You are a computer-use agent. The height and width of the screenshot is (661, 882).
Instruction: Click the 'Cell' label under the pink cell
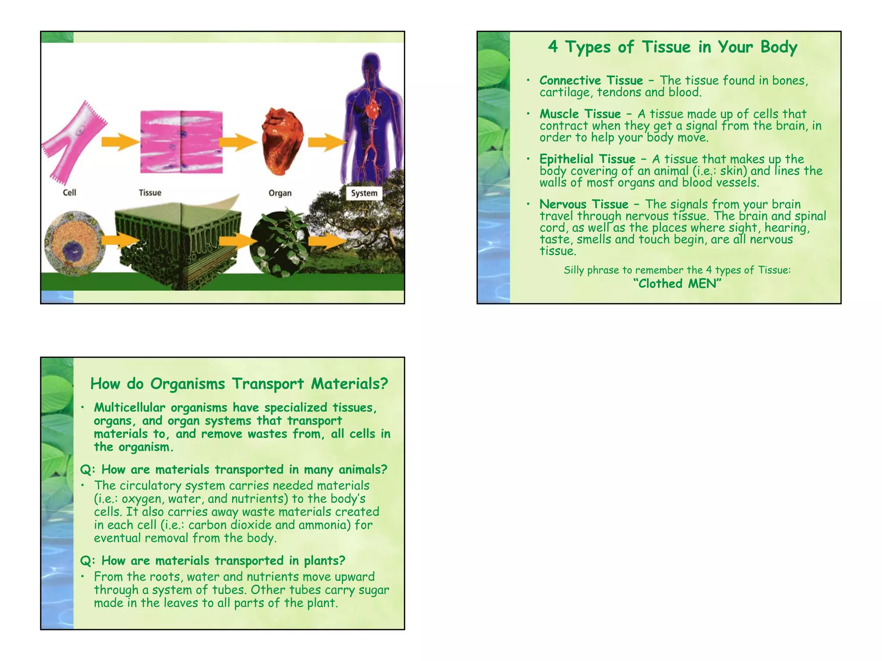tap(69, 192)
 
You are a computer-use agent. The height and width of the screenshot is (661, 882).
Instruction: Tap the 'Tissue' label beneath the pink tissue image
tap(150, 193)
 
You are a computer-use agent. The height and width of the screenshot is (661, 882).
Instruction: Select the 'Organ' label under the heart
tap(280, 193)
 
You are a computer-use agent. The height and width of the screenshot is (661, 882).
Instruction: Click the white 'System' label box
tap(364, 193)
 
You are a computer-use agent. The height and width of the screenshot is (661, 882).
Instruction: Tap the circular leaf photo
tap(279, 244)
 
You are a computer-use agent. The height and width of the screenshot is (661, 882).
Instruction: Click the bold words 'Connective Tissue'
tap(591, 80)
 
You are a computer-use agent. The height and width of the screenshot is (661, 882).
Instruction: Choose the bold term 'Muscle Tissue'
tap(580, 114)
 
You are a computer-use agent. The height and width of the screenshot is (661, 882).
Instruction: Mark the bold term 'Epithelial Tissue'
tap(587, 159)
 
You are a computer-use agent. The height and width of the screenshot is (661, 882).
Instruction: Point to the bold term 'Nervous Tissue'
tap(584, 204)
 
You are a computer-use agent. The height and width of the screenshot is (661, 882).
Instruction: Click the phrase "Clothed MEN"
tap(677, 284)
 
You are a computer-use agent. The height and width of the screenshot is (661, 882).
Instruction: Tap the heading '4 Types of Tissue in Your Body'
tap(672, 47)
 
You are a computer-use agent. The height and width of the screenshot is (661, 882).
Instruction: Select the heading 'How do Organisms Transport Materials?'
tap(239, 383)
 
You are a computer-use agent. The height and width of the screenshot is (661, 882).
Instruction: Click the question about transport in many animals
tap(234, 469)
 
